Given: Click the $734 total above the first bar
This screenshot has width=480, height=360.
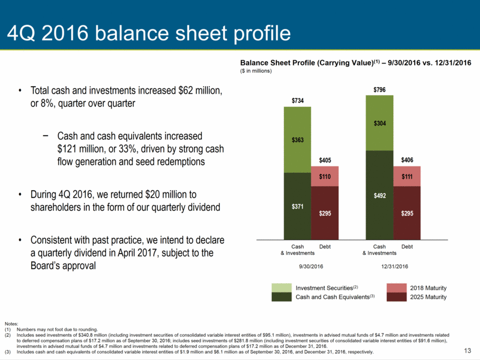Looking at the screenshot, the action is tap(298, 101).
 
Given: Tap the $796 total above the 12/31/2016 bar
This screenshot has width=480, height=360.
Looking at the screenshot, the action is tap(379, 90).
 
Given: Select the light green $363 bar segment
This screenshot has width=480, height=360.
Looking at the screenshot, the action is tap(298, 140).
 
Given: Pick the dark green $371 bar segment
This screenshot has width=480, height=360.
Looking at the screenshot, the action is tap(298, 206).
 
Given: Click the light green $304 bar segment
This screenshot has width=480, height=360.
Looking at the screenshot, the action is tap(379, 123).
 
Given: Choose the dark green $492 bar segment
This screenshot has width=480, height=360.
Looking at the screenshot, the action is tap(379, 195).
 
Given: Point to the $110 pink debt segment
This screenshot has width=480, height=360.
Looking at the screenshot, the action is tap(325, 176).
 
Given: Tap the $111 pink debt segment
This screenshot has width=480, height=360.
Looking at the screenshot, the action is tap(407, 176).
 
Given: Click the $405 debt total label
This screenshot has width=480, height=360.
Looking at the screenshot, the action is tap(325, 160).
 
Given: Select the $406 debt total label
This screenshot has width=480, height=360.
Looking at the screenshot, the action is tap(407, 160).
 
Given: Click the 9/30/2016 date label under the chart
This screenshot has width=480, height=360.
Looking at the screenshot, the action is tap(311, 266).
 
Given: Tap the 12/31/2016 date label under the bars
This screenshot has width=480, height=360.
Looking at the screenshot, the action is tap(394, 266).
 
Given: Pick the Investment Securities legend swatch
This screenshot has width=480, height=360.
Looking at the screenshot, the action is tap(282, 288).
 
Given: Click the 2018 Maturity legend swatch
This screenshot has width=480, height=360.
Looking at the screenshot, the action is tap(397, 288).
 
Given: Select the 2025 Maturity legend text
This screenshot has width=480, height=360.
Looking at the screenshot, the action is tap(429, 297).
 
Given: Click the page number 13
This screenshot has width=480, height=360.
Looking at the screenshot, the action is tap(467, 351).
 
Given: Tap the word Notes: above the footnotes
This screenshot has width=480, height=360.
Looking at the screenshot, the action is tap(12, 324).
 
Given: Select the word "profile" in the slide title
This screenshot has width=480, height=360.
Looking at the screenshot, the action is tap(263, 33).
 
